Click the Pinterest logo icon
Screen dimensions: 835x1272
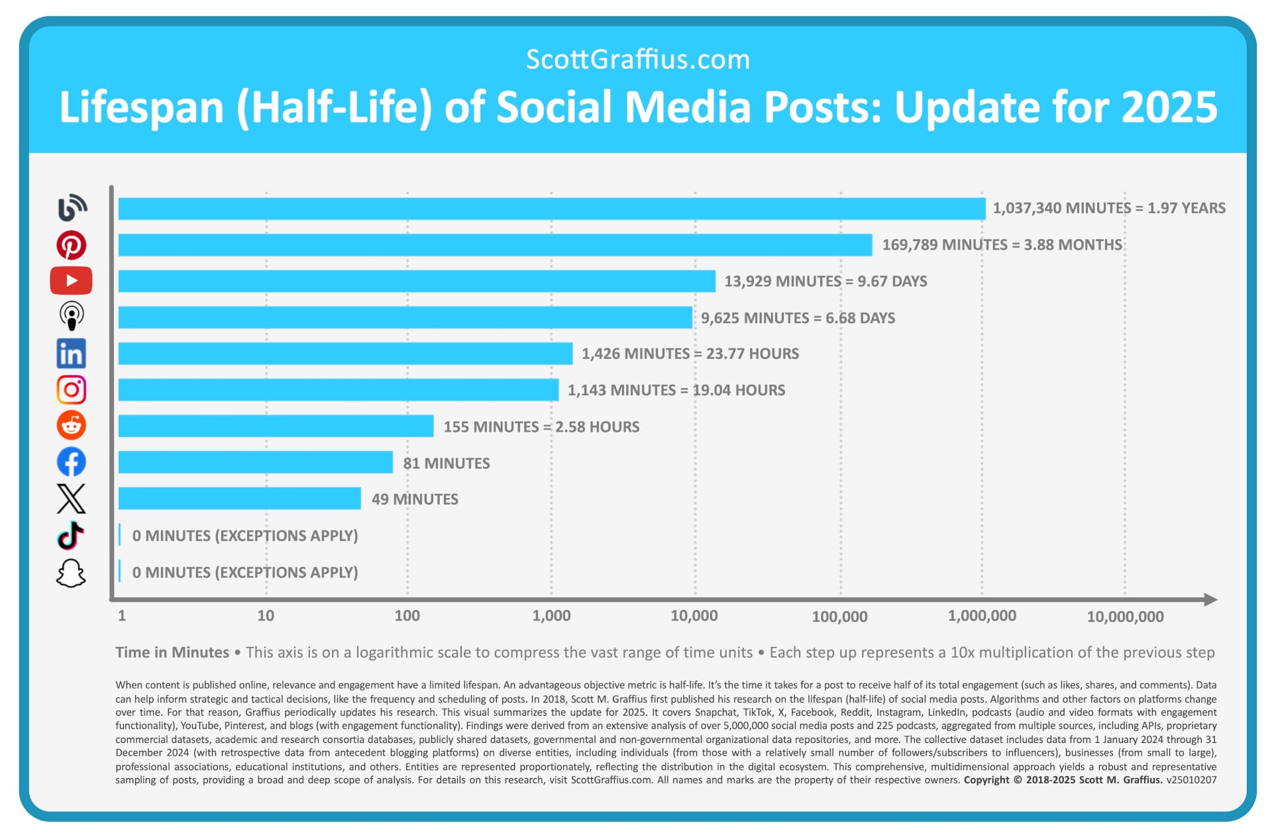(71, 245)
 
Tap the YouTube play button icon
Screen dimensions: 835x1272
(71, 281)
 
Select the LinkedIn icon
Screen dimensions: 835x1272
(71, 354)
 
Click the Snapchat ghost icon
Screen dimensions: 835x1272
(71, 573)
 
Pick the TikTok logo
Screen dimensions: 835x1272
(71, 536)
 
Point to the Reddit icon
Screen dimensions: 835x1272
(71, 425)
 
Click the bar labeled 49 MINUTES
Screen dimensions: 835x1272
(239, 499)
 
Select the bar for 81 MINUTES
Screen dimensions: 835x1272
(255, 462)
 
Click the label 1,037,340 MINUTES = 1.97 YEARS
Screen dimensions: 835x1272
(1108, 208)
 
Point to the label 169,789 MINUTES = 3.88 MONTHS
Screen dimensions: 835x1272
(1002, 245)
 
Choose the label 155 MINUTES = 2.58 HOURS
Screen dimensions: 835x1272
(541, 427)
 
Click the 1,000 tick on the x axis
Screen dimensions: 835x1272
(551, 616)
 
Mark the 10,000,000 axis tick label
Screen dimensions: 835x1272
(1125, 617)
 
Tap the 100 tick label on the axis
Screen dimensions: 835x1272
(407, 616)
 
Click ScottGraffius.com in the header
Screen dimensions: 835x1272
(637, 60)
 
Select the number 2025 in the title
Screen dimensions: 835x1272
(1169, 107)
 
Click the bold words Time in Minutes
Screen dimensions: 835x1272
(172, 652)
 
